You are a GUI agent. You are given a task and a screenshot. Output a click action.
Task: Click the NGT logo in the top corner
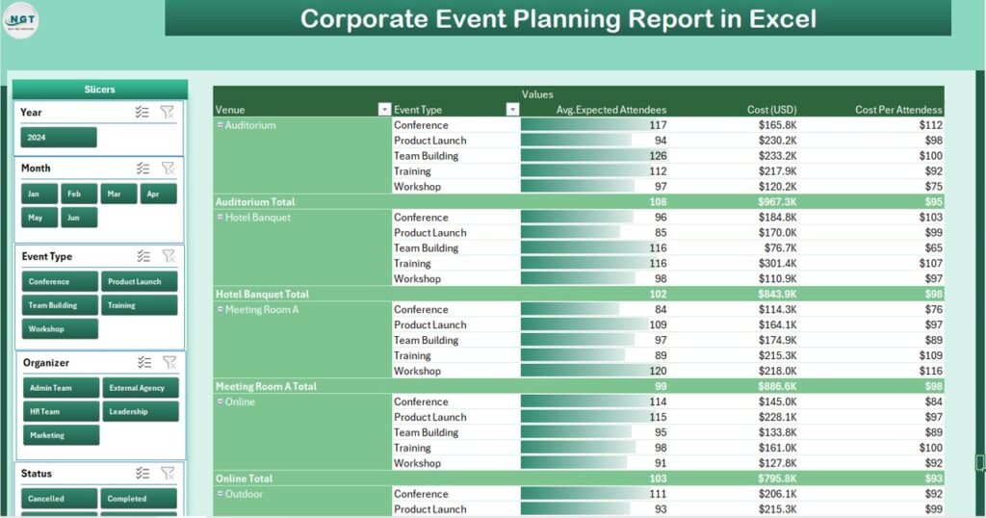(x=21, y=20)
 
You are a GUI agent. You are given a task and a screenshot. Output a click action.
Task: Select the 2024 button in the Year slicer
(x=59, y=138)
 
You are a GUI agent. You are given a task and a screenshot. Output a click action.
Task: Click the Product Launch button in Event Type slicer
(x=139, y=282)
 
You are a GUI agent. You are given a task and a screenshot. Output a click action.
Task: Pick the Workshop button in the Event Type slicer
(x=60, y=329)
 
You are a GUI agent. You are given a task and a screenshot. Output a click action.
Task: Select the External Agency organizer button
(x=140, y=388)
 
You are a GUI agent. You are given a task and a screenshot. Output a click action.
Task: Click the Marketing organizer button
(x=61, y=435)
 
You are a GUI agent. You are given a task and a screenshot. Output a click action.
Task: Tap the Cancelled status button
(x=59, y=499)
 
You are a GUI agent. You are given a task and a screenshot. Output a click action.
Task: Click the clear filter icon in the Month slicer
(x=168, y=168)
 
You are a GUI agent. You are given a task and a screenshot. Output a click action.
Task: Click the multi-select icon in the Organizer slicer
(x=143, y=363)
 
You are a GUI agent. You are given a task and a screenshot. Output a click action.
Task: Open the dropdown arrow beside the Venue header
(x=384, y=110)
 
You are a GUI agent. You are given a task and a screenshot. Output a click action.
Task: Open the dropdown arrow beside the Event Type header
(x=512, y=110)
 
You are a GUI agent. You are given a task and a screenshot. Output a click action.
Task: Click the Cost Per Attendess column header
(x=897, y=110)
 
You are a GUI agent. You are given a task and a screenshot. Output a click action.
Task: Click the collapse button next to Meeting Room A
(x=221, y=310)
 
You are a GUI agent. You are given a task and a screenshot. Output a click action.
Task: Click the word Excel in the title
(x=780, y=18)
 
